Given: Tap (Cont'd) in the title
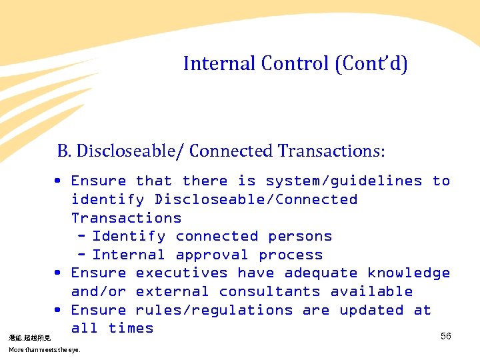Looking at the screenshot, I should pos(371,64).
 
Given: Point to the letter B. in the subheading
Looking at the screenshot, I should pos(64,151).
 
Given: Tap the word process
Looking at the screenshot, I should pos(291,255).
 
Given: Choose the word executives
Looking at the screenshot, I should pos(181,273).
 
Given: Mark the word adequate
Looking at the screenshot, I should pos(321,273).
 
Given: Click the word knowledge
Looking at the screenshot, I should pos(409,273).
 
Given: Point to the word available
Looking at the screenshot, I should pos(371,292).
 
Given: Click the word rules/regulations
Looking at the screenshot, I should pos(214,311).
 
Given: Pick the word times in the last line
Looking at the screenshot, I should pos(131,329).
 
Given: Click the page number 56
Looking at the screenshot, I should pos(446,337).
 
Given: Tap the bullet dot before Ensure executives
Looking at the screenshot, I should pos(59,273).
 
